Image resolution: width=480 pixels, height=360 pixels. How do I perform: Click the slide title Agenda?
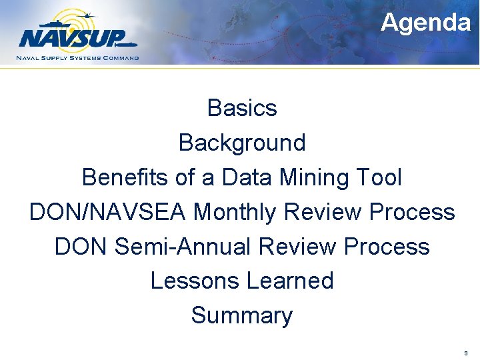[425, 23]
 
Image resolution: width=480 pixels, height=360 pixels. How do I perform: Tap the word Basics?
[242, 107]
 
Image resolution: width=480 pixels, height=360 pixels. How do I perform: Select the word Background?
[242, 142]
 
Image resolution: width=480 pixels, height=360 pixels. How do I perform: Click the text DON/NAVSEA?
[108, 212]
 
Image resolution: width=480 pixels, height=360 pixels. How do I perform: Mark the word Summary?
[242, 315]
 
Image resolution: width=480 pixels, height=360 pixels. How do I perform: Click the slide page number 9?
[466, 353]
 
